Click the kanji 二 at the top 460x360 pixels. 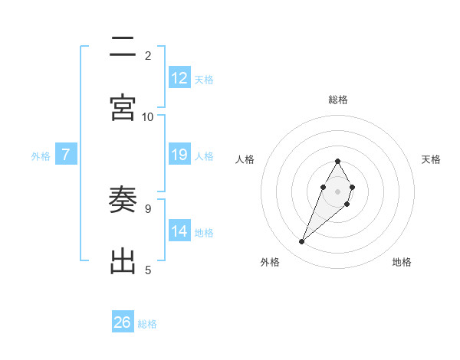[123, 48]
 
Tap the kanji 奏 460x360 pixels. [123, 201]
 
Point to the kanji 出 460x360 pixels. [123, 261]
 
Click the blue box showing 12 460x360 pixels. [179, 78]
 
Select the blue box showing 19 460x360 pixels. [179, 155]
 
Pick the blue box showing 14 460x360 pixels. [179, 231]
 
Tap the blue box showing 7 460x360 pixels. [66, 155]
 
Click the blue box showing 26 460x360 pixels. [123, 322]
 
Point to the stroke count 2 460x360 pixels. [148, 55]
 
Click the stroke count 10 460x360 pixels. [148, 116]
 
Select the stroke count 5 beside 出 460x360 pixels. [148, 270]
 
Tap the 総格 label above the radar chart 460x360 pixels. [338, 100]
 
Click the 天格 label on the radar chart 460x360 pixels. [431, 159]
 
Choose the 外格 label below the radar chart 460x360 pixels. [270, 262]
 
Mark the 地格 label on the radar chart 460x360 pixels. [402, 262]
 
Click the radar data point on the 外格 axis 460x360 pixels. [301, 241]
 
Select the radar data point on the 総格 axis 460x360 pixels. [337, 161]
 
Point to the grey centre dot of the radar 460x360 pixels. [337, 190]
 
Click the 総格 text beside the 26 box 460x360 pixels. [148, 324]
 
